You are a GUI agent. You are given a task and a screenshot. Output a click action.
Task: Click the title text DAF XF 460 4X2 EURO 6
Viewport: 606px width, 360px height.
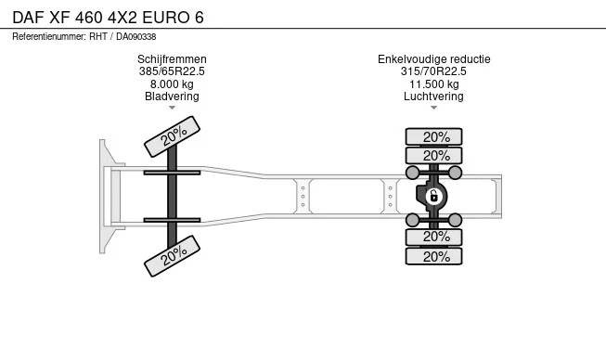108,18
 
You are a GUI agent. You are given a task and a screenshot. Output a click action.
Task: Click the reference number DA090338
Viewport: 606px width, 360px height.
136,37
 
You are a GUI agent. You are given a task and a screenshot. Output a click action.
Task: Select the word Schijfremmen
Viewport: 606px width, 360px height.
172,59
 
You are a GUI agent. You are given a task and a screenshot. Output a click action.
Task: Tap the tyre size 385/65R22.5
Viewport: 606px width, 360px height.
172,71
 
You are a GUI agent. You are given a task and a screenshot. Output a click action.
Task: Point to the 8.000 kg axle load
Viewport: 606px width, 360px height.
172,84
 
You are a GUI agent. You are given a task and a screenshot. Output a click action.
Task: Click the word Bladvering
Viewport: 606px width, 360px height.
172,96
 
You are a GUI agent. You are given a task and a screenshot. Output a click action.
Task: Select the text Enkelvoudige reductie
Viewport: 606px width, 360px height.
434,59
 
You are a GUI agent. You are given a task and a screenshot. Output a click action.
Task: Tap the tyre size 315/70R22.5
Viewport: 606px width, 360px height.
433,71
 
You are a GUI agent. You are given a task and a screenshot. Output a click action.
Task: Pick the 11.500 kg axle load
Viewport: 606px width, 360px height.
434,84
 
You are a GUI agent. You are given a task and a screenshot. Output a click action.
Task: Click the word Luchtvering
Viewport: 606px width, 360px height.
433,96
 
